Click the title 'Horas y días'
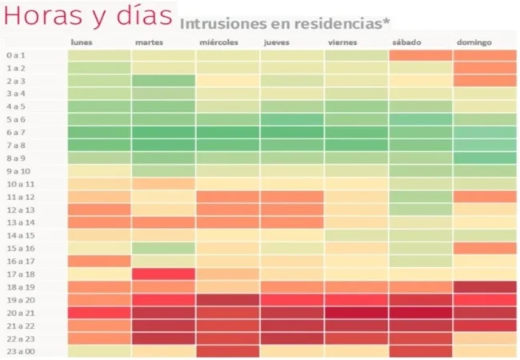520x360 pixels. pos(88,16)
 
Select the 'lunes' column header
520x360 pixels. pos(81,42)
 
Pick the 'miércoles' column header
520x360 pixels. pos(218,42)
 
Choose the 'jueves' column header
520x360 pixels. pos(276,42)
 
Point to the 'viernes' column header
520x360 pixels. pos(342,42)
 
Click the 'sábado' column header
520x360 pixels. pos(406,42)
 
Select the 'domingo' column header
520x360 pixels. pos(474,42)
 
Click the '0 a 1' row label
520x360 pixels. pos(17,56)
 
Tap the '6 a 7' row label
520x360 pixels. pos(17,132)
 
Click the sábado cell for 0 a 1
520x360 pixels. pos(421,56)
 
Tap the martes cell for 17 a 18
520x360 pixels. pos(163,274)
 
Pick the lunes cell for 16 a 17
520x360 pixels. pos(99,261)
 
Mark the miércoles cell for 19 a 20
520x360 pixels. pos(227,299)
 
